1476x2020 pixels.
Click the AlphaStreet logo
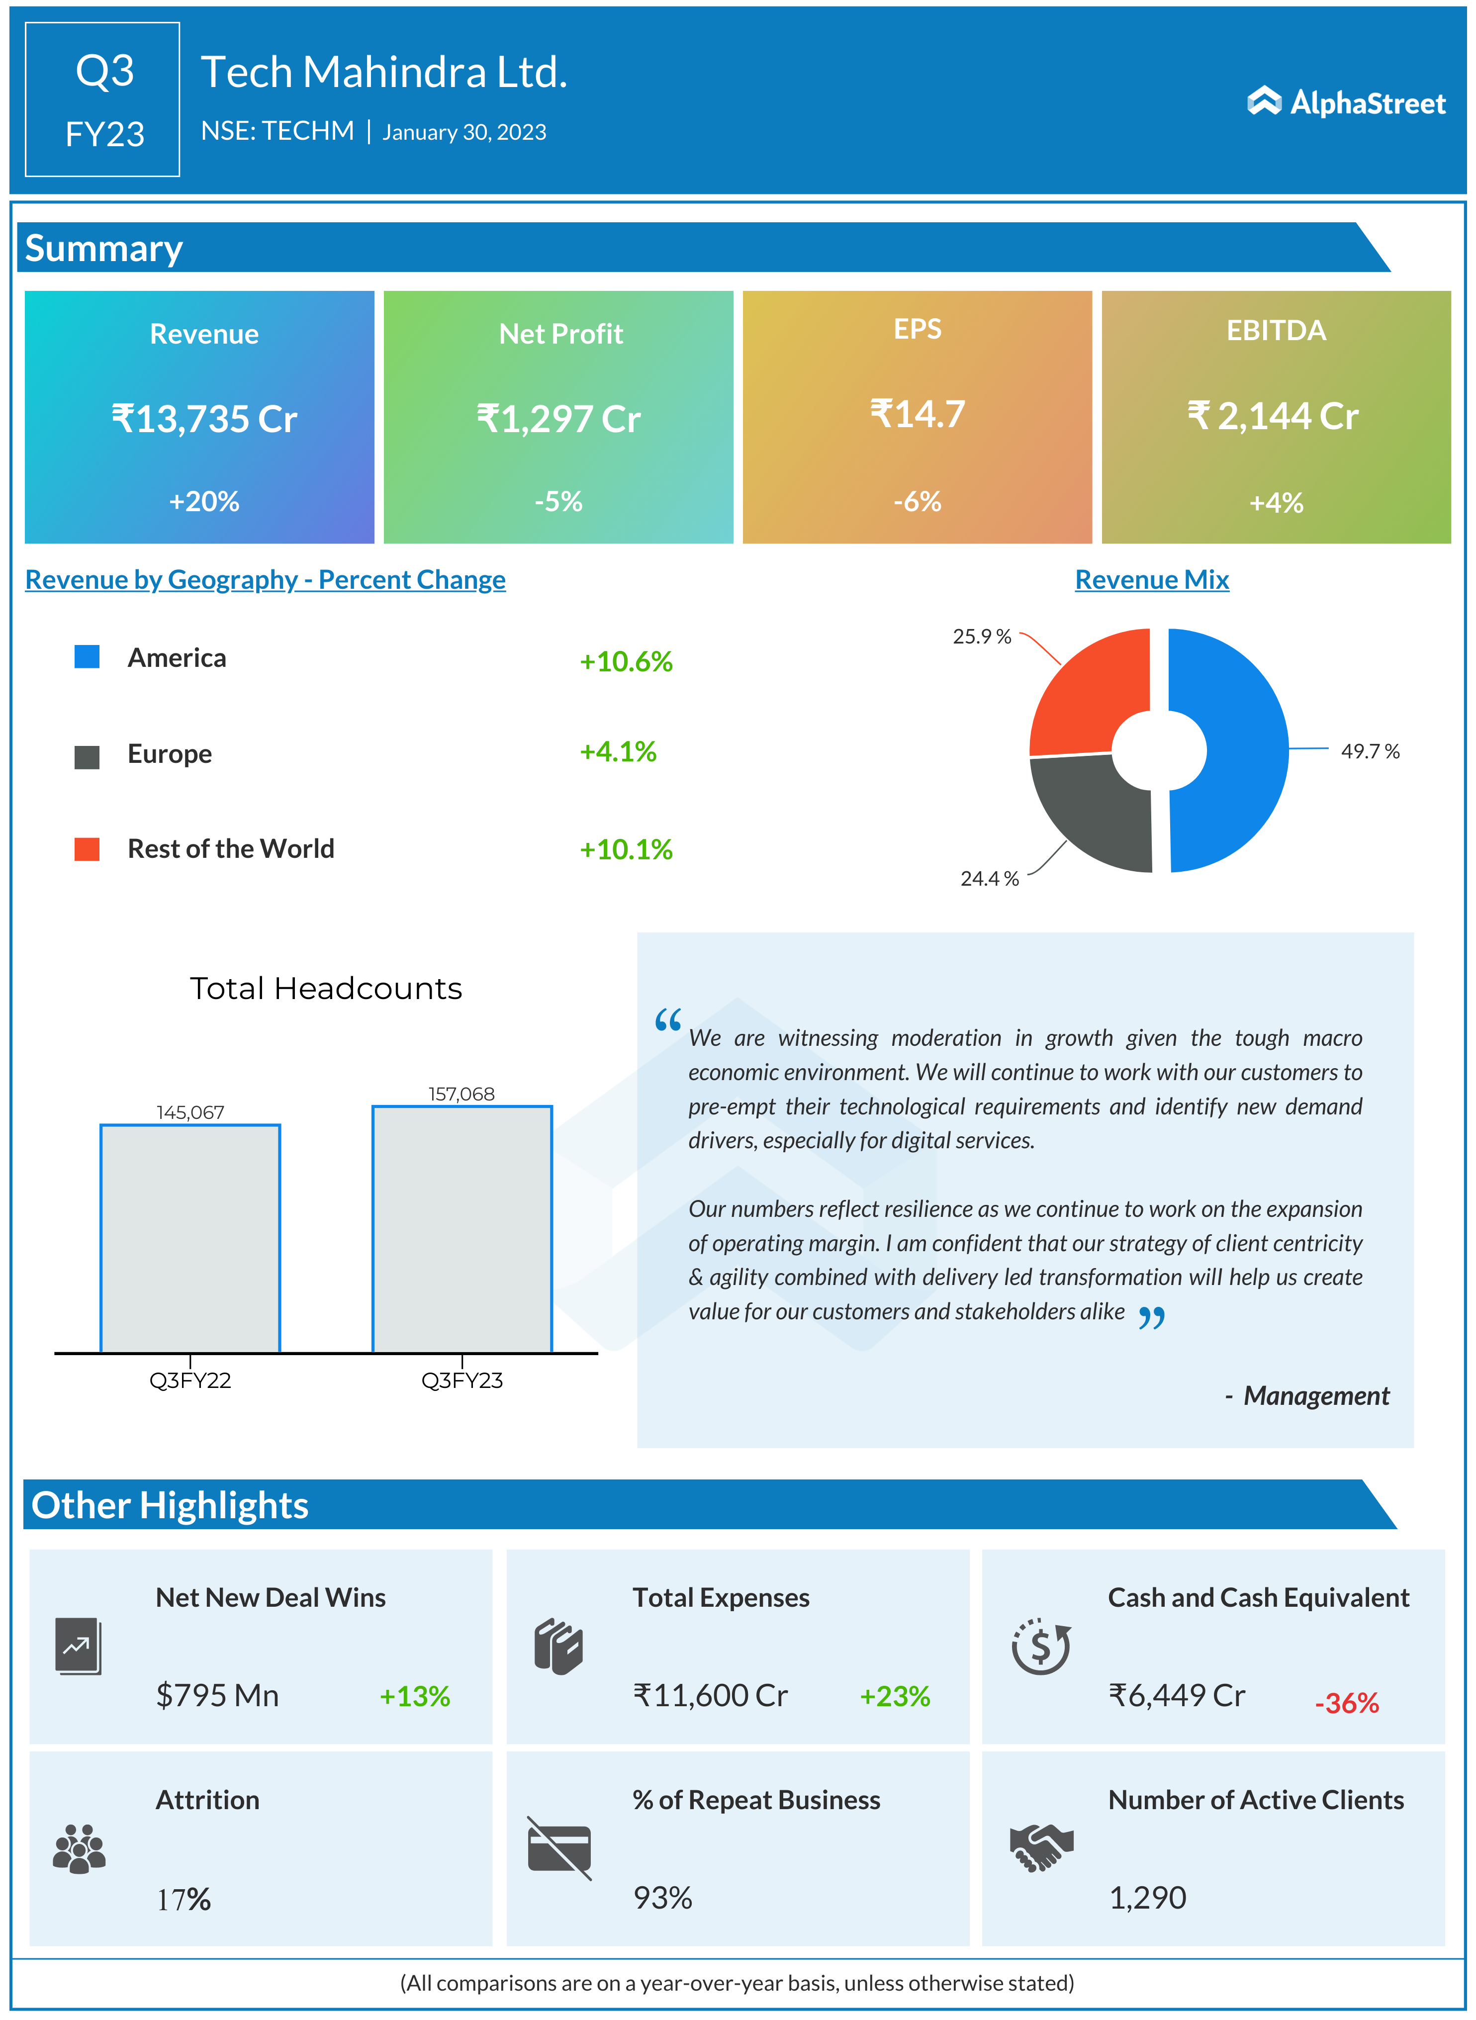tap(1346, 103)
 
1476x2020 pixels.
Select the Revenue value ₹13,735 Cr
tap(204, 419)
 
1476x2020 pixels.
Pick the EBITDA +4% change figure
tap(1276, 503)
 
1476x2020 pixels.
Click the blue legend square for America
tap(87, 656)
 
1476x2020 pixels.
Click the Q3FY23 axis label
tap(462, 1380)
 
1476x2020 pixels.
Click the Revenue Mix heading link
tap(1152, 580)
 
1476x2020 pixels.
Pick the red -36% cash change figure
tap(1346, 1703)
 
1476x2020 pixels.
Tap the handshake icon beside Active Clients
tap(1041, 1847)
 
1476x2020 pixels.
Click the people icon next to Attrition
tap(80, 1847)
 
